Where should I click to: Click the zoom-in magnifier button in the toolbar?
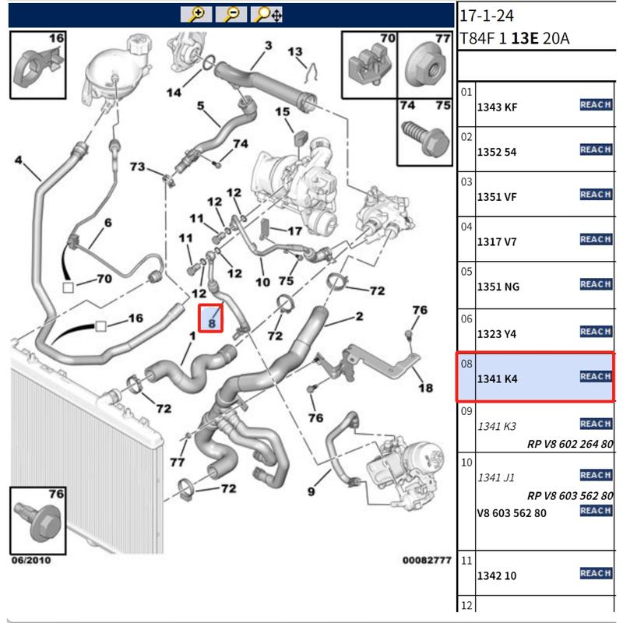[196, 13]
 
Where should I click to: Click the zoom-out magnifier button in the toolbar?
[233, 13]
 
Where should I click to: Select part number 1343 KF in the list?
[496, 107]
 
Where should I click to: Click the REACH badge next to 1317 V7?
[596, 239]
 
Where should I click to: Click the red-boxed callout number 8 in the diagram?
[211, 319]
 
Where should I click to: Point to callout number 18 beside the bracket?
[424, 388]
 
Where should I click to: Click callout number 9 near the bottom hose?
[311, 491]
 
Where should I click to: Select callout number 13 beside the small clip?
[295, 52]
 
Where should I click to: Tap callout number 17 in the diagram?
[294, 231]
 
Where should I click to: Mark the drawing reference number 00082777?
[425, 560]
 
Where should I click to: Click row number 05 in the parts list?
[466, 272]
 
